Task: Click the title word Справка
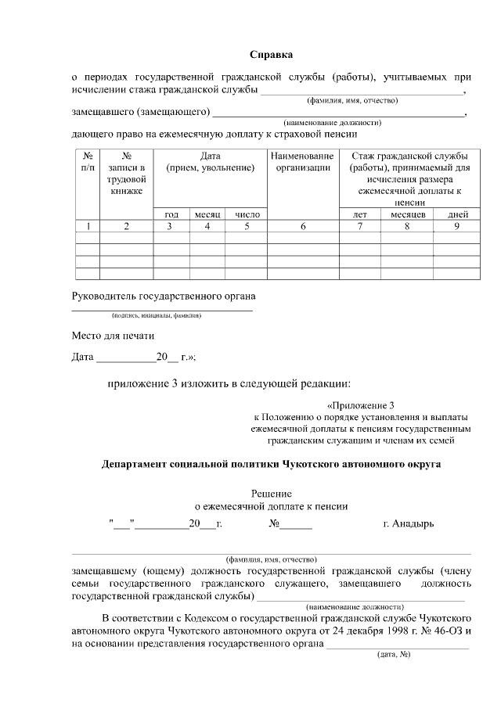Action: (271, 55)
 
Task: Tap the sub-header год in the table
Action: (171, 214)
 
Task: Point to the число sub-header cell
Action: (247, 214)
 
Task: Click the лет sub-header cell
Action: (360, 214)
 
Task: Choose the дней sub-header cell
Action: (458, 214)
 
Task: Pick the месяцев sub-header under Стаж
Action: (407, 214)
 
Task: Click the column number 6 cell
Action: (302, 227)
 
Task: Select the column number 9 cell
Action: (457, 227)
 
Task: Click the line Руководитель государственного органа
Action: (164, 296)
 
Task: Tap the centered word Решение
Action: (271, 494)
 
